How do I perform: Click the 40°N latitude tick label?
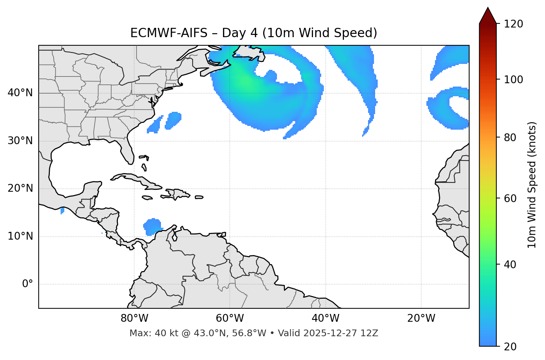coord(20,93)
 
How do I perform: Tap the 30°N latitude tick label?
coord(20,141)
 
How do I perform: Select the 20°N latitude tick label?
coord(20,188)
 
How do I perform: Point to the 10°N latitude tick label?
coord(20,236)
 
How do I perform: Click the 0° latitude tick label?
coord(27,284)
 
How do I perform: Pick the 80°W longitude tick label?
coord(134,318)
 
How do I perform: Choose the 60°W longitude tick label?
coord(230,318)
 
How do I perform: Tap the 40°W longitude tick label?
coord(325,318)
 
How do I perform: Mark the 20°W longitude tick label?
coord(421,318)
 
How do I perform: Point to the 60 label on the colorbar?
coord(510,198)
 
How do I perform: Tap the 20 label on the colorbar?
coord(510,347)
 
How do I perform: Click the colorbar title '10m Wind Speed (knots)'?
coord(532,185)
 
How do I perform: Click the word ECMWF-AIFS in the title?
coord(169,33)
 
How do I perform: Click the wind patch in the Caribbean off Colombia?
coord(152,226)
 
